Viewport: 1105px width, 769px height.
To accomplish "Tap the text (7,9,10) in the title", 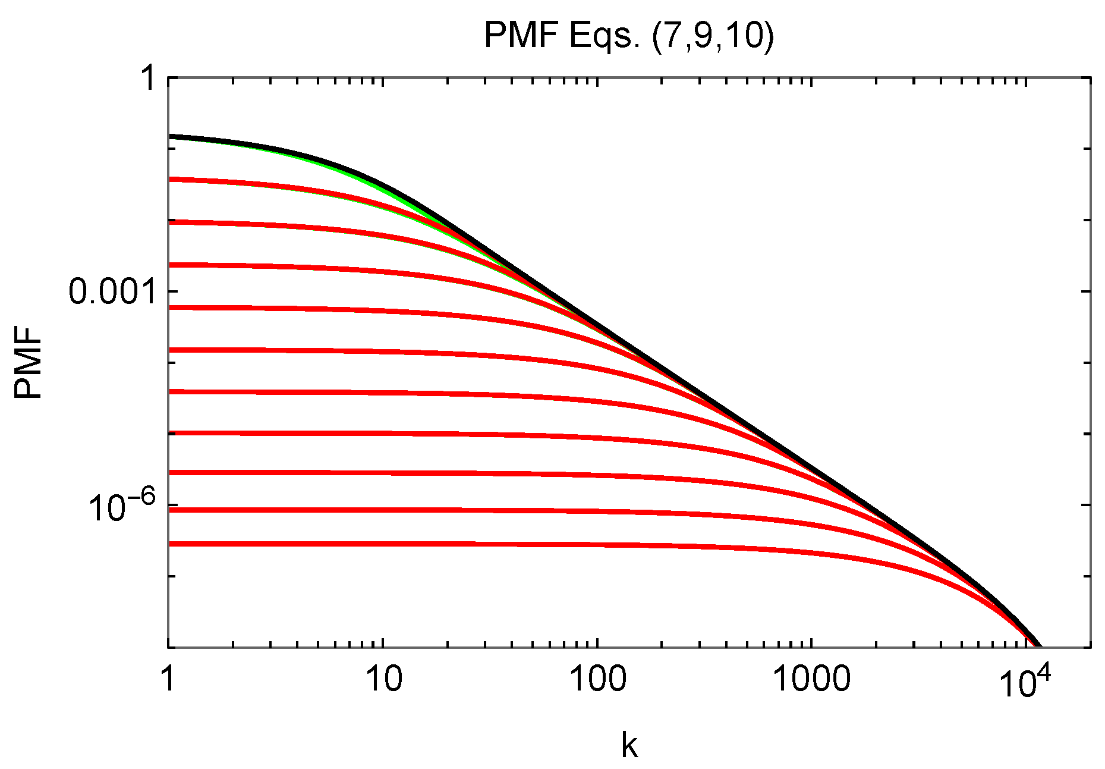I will point(713,37).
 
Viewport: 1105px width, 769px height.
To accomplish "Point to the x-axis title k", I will point(629,745).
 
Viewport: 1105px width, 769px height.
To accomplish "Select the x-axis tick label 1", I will point(169,679).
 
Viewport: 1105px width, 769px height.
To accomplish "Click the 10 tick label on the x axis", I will point(383,679).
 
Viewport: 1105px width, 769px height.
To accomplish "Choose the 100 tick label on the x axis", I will point(597,679).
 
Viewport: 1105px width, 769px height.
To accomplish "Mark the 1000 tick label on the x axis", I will point(811,679).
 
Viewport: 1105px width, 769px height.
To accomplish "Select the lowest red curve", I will point(416,544).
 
